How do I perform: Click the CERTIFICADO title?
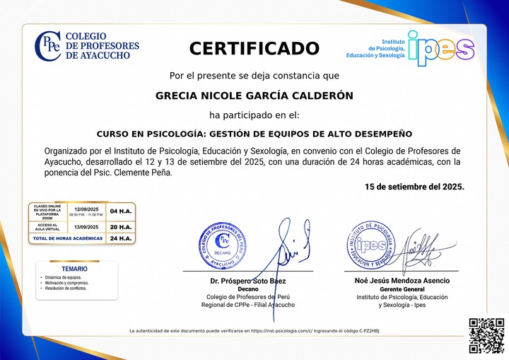click(x=255, y=48)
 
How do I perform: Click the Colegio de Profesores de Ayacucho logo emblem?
click(x=47, y=46)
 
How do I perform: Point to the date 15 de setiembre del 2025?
click(x=414, y=187)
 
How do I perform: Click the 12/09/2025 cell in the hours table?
click(x=86, y=209)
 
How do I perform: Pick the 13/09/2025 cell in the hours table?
click(x=86, y=226)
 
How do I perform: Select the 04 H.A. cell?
click(x=121, y=211)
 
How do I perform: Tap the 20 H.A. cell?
click(x=121, y=226)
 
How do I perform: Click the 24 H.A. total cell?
click(x=121, y=238)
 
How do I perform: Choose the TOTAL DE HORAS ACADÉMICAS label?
click(x=68, y=238)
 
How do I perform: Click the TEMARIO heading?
click(x=74, y=269)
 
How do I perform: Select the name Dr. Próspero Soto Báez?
click(x=247, y=281)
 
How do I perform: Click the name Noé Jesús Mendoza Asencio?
click(x=402, y=281)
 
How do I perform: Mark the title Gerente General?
click(x=402, y=289)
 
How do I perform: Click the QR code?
click(x=486, y=335)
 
